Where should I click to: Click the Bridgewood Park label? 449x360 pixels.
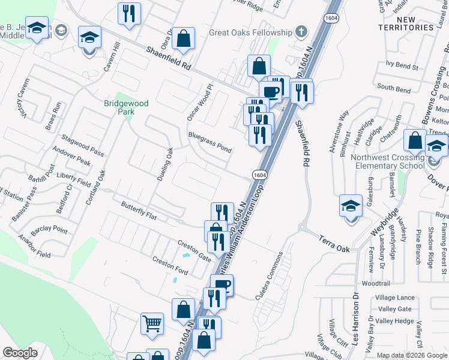[x=126, y=107]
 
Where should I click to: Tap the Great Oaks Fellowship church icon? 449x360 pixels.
[x=301, y=32]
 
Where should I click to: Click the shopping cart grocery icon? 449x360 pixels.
[x=152, y=324]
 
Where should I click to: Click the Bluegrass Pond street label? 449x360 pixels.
[x=209, y=142]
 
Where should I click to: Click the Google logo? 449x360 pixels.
[x=20, y=353]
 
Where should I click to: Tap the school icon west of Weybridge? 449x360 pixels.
[x=350, y=206]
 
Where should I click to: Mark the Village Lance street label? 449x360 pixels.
[x=394, y=298]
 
